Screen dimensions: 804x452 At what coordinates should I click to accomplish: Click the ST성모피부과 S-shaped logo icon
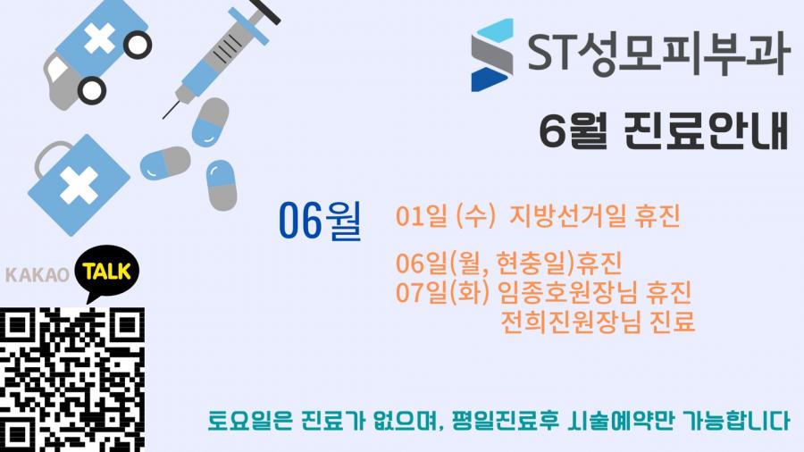click(491, 54)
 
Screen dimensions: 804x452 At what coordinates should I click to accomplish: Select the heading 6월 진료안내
click(664, 130)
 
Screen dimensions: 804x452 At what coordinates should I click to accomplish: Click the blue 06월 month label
click(321, 220)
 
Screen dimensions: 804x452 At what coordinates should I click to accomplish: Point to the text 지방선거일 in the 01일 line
click(567, 216)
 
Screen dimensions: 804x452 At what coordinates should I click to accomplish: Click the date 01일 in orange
click(421, 216)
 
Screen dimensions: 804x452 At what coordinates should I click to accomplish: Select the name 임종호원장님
click(567, 292)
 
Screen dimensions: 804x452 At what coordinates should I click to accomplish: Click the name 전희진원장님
click(570, 322)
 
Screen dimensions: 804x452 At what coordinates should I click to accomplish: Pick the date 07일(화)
click(443, 292)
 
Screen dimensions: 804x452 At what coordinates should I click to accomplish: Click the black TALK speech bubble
click(106, 273)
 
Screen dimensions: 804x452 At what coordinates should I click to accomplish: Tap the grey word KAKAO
click(37, 275)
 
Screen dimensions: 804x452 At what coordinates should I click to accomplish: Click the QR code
click(72, 380)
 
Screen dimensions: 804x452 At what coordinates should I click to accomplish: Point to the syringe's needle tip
click(163, 119)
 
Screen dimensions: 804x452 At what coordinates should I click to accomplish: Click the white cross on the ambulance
click(99, 38)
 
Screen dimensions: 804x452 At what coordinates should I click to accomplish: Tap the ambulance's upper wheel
click(137, 45)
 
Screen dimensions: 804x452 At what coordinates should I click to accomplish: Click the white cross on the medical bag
click(79, 185)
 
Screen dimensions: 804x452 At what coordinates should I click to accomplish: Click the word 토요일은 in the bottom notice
click(250, 420)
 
